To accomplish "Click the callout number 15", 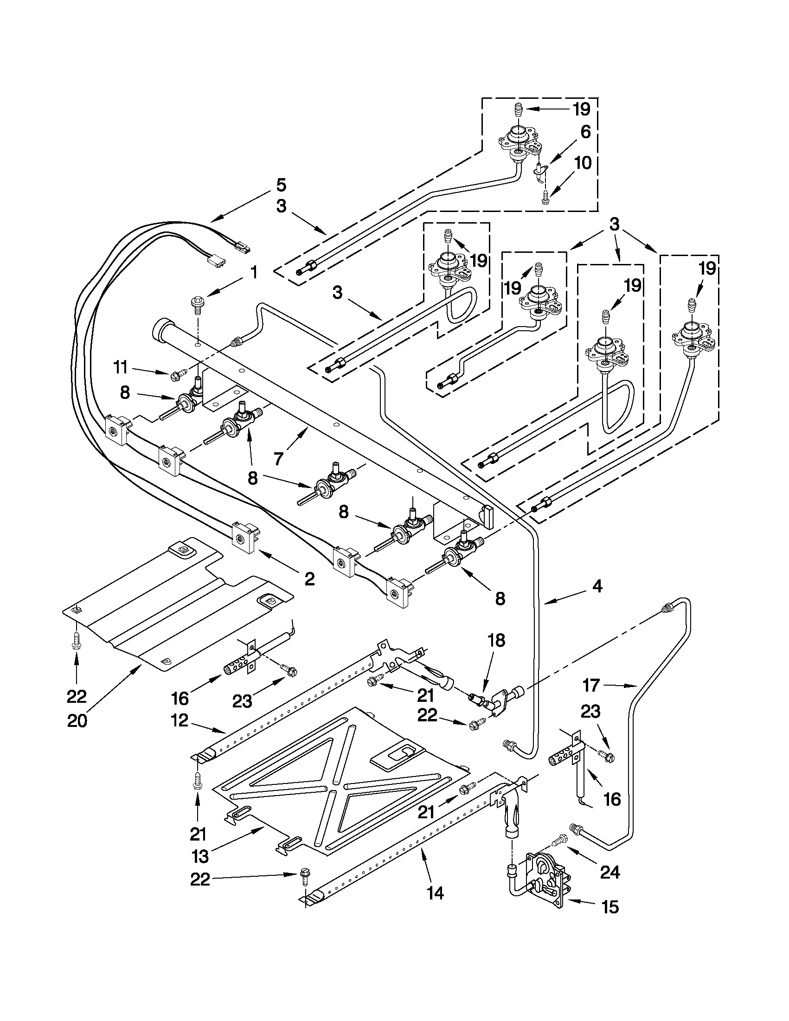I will click(610, 907).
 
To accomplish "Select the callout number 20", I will click(77, 720).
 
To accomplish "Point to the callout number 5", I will click(281, 185).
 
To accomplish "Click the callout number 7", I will click(279, 459).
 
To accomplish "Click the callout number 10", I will click(583, 163).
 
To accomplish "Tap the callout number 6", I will click(585, 132).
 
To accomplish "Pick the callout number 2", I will click(309, 579).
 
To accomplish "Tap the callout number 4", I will click(597, 586).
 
